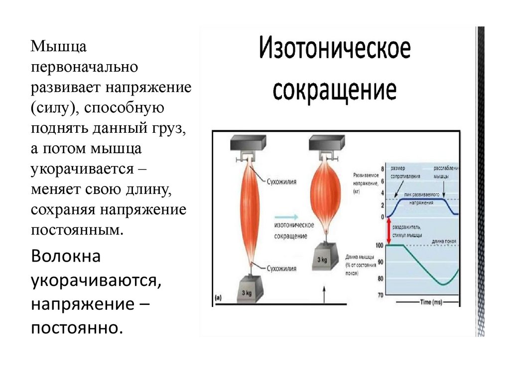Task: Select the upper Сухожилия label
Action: (x=282, y=182)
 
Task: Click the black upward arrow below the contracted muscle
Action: (x=324, y=294)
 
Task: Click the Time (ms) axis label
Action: (x=431, y=302)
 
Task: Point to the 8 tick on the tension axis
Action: (x=382, y=170)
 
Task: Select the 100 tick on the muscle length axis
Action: (x=380, y=246)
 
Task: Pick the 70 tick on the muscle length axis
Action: (x=381, y=295)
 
